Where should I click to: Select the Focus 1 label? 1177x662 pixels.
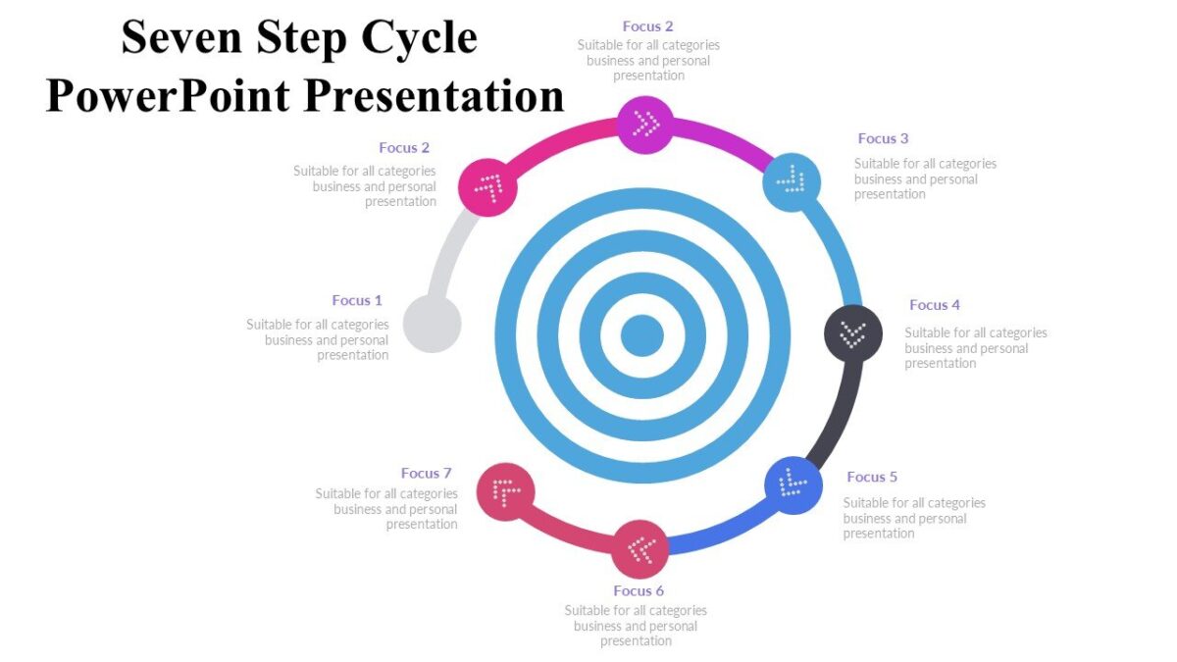357,300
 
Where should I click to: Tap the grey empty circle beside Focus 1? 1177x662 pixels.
433,324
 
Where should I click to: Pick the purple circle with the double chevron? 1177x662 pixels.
645,124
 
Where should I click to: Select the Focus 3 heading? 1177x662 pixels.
883,138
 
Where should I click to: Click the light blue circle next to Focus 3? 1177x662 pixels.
792,180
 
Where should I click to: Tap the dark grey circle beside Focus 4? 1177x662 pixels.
852,333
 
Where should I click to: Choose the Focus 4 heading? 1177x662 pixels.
935,305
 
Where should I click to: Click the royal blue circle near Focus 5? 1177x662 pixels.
793,484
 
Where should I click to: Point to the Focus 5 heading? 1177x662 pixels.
872,477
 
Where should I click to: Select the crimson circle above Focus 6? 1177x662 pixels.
640,549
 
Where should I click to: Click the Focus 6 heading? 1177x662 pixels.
639,590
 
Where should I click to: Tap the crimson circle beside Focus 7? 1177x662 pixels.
506,491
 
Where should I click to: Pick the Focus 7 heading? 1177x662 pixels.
426,474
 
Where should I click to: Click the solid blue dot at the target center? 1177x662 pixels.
642,335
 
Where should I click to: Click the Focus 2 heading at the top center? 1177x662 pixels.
647,26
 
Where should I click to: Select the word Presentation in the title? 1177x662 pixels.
433,96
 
